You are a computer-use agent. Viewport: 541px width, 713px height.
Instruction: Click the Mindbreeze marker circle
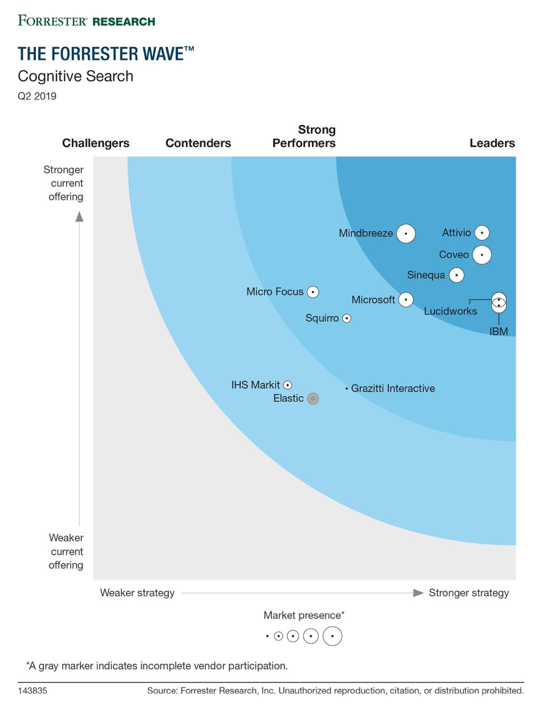[406, 234]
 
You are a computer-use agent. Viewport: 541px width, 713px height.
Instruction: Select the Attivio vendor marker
[482, 233]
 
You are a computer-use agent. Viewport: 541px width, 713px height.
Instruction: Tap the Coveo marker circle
[482, 255]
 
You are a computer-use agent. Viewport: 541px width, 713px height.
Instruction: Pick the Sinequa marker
[456, 276]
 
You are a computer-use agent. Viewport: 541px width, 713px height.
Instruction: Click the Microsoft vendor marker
[406, 300]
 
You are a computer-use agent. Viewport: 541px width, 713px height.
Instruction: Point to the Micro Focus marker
[313, 292]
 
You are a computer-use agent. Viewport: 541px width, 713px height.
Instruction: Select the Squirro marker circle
[347, 318]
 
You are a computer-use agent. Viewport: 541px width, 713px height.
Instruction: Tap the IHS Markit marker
[288, 385]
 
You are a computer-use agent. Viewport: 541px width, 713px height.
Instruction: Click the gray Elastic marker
[313, 398]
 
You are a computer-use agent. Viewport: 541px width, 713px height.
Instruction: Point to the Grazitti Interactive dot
[347, 388]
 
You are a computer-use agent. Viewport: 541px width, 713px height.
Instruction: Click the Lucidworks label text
[450, 311]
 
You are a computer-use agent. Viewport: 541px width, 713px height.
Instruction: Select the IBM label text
[499, 332]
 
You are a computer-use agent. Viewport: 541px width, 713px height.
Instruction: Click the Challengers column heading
[96, 143]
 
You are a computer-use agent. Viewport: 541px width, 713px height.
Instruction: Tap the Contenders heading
[198, 143]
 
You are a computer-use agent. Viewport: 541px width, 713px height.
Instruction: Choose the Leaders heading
[492, 143]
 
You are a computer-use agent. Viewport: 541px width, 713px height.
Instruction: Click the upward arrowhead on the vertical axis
[79, 217]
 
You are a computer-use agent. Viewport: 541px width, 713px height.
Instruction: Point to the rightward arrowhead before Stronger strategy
[418, 593]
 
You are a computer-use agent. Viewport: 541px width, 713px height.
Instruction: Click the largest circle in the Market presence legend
[333, 636]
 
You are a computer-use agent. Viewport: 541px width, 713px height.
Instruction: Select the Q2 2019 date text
[37, 96]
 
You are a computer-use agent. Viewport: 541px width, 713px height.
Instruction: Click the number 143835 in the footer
[32, 690]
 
